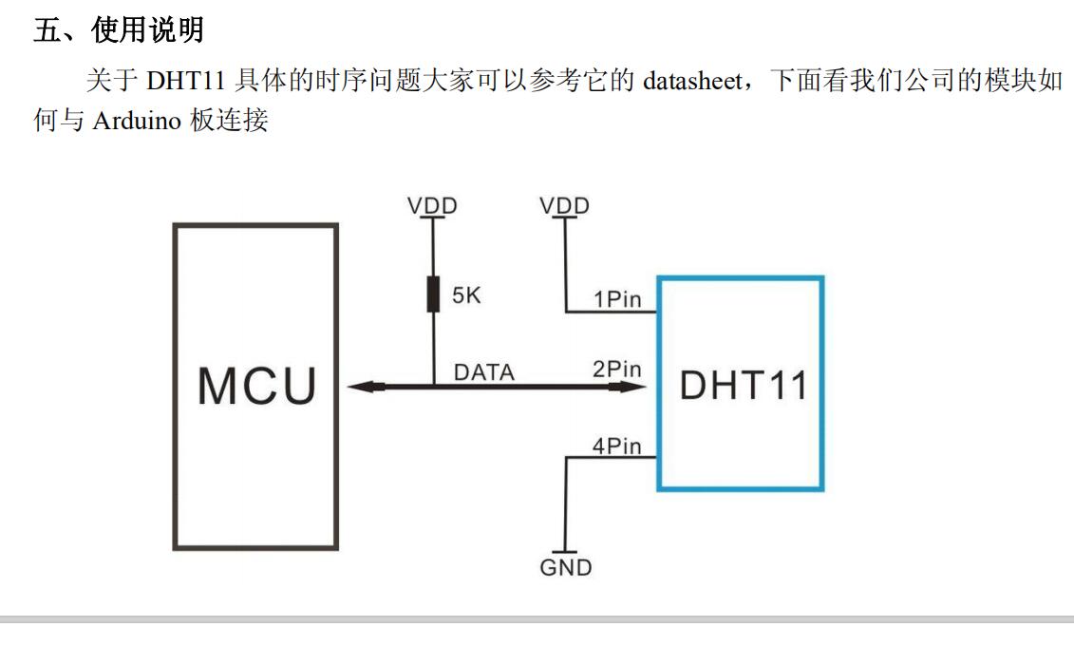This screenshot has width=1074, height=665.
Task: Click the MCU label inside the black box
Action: (256, 386)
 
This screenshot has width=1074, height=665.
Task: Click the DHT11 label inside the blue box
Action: (743, 386)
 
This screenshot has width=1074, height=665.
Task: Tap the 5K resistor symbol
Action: (432, 295)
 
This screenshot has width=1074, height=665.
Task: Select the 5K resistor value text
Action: (466, 296)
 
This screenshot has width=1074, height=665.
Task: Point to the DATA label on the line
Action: (483, 372)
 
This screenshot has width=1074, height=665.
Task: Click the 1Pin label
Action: (617, 299)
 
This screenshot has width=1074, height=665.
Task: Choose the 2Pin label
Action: (617, 369)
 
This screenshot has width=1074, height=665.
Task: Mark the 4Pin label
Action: (617, 446)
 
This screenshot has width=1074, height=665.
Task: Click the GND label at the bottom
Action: (566, 568)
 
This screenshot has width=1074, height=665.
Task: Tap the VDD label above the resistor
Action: (432, 205)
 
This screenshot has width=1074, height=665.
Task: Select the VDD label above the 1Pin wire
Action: (565, 205)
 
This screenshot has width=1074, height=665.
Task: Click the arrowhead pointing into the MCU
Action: (360, 387)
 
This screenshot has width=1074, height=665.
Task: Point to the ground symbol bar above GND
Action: (566, 552)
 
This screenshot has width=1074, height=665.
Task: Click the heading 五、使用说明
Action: (119, 31)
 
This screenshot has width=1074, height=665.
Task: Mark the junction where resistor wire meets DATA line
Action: (432, 387)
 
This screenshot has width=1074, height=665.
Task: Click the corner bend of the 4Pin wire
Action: (567, 457)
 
